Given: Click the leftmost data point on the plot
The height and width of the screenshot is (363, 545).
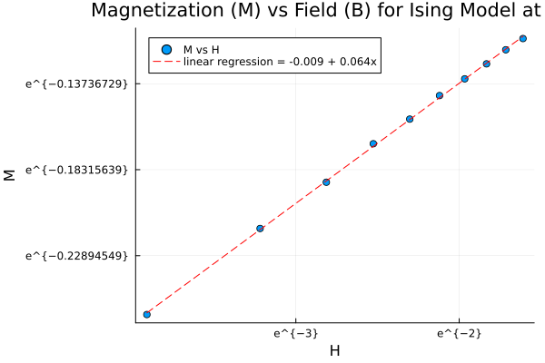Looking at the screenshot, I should coord(146,314).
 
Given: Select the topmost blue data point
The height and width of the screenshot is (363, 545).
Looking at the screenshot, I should coord(523,38).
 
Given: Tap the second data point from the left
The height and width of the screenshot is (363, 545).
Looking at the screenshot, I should coord(260,228).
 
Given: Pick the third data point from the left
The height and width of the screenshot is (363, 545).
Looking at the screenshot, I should coord(326,181).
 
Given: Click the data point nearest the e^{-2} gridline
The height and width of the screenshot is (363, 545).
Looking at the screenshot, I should coord(464,79).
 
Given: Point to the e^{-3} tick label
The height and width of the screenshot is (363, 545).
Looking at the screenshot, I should coord(295,334).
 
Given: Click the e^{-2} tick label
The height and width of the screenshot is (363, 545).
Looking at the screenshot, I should coord(459,334).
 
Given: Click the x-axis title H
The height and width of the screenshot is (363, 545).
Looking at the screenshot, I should coord(334,351).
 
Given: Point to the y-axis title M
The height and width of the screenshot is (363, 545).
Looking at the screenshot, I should coord(11,174).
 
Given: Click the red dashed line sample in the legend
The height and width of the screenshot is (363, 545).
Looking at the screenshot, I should coord(164,63).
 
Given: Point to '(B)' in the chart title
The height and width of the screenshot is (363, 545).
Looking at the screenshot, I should coord(374,12).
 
